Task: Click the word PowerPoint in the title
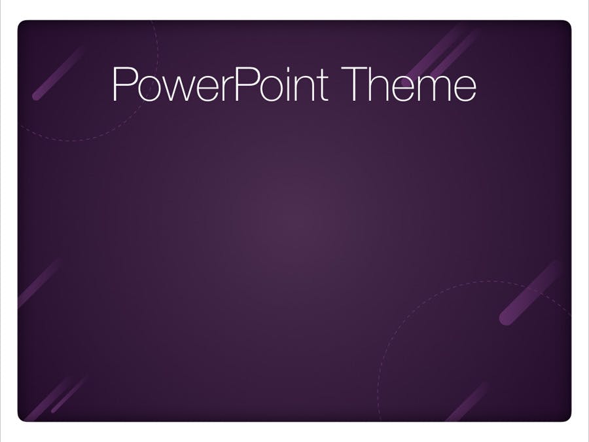pos(220,84)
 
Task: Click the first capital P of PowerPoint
pos(123,84)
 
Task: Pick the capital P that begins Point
pos(247,84)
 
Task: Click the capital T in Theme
pos(354,84)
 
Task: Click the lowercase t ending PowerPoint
pos(323,86)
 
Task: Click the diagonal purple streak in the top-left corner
pos(58,73)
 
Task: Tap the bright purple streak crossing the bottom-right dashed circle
pos(530,293)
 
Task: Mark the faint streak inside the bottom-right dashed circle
pos(467,402)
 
